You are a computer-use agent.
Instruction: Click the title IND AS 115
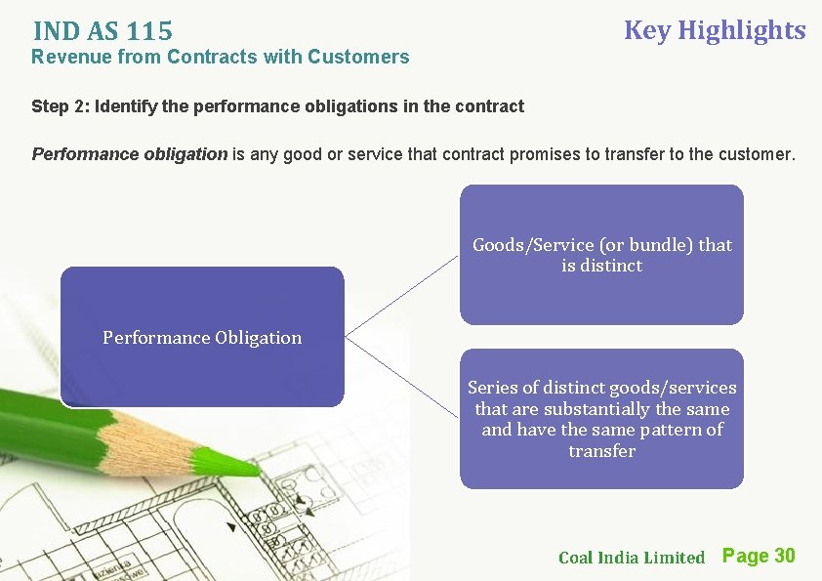coord(102,33)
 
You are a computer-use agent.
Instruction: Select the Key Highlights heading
coord(714,30)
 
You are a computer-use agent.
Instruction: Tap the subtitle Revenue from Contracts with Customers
coord(220,57)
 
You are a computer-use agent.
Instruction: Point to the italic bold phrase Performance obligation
coord(129,154)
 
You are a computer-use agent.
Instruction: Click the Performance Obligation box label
coord(202,338)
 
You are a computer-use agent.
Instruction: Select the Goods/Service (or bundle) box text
coord(601,255)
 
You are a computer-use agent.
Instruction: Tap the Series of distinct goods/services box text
coord(601,419)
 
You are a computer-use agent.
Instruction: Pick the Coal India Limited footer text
coord(631,558)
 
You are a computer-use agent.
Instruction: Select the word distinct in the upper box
coord(611,266)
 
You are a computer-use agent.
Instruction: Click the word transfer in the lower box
coord(601,451)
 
